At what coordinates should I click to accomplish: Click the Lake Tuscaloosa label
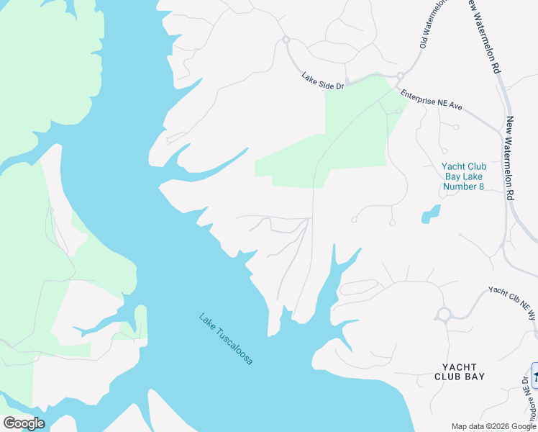226,338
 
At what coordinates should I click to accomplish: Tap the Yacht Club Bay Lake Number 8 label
463,177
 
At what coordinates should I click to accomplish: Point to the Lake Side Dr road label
323,80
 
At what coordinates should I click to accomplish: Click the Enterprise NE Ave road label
432,99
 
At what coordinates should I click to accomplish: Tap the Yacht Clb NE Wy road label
513,302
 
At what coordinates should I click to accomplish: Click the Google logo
24,423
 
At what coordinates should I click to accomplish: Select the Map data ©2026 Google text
493,426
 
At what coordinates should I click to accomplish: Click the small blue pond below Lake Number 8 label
430,214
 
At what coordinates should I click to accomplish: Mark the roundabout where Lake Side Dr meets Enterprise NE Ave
400,75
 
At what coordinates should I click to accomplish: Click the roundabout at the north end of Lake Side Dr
286,40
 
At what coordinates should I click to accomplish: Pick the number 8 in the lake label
480,187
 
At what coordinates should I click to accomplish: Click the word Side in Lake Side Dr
325,80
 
